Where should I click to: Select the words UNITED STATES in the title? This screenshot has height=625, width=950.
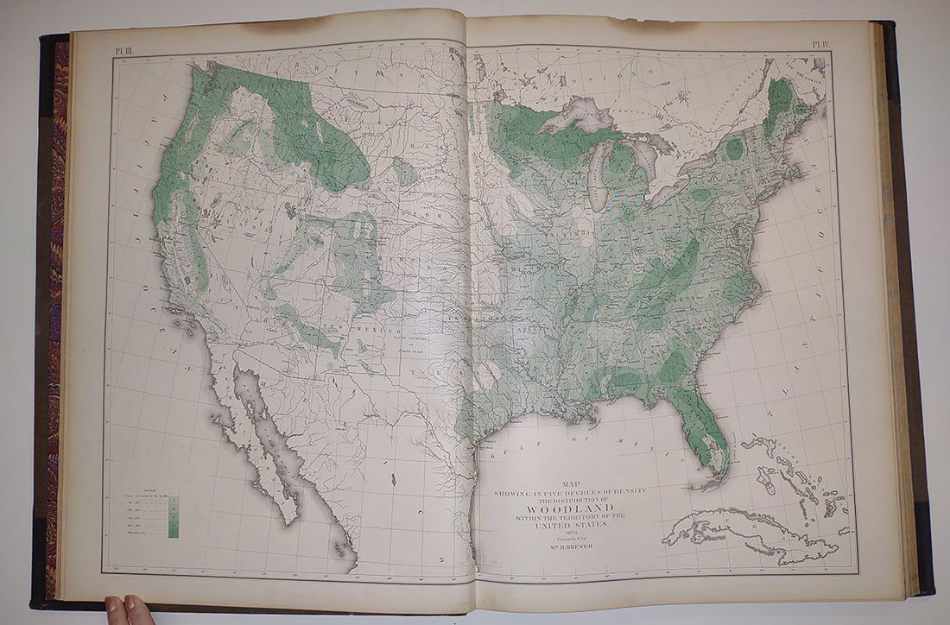click(x=569, y=523)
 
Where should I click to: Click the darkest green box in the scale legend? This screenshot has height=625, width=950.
click(x=173, y=532)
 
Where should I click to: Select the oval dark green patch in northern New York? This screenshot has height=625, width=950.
click(x=734, y=148)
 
